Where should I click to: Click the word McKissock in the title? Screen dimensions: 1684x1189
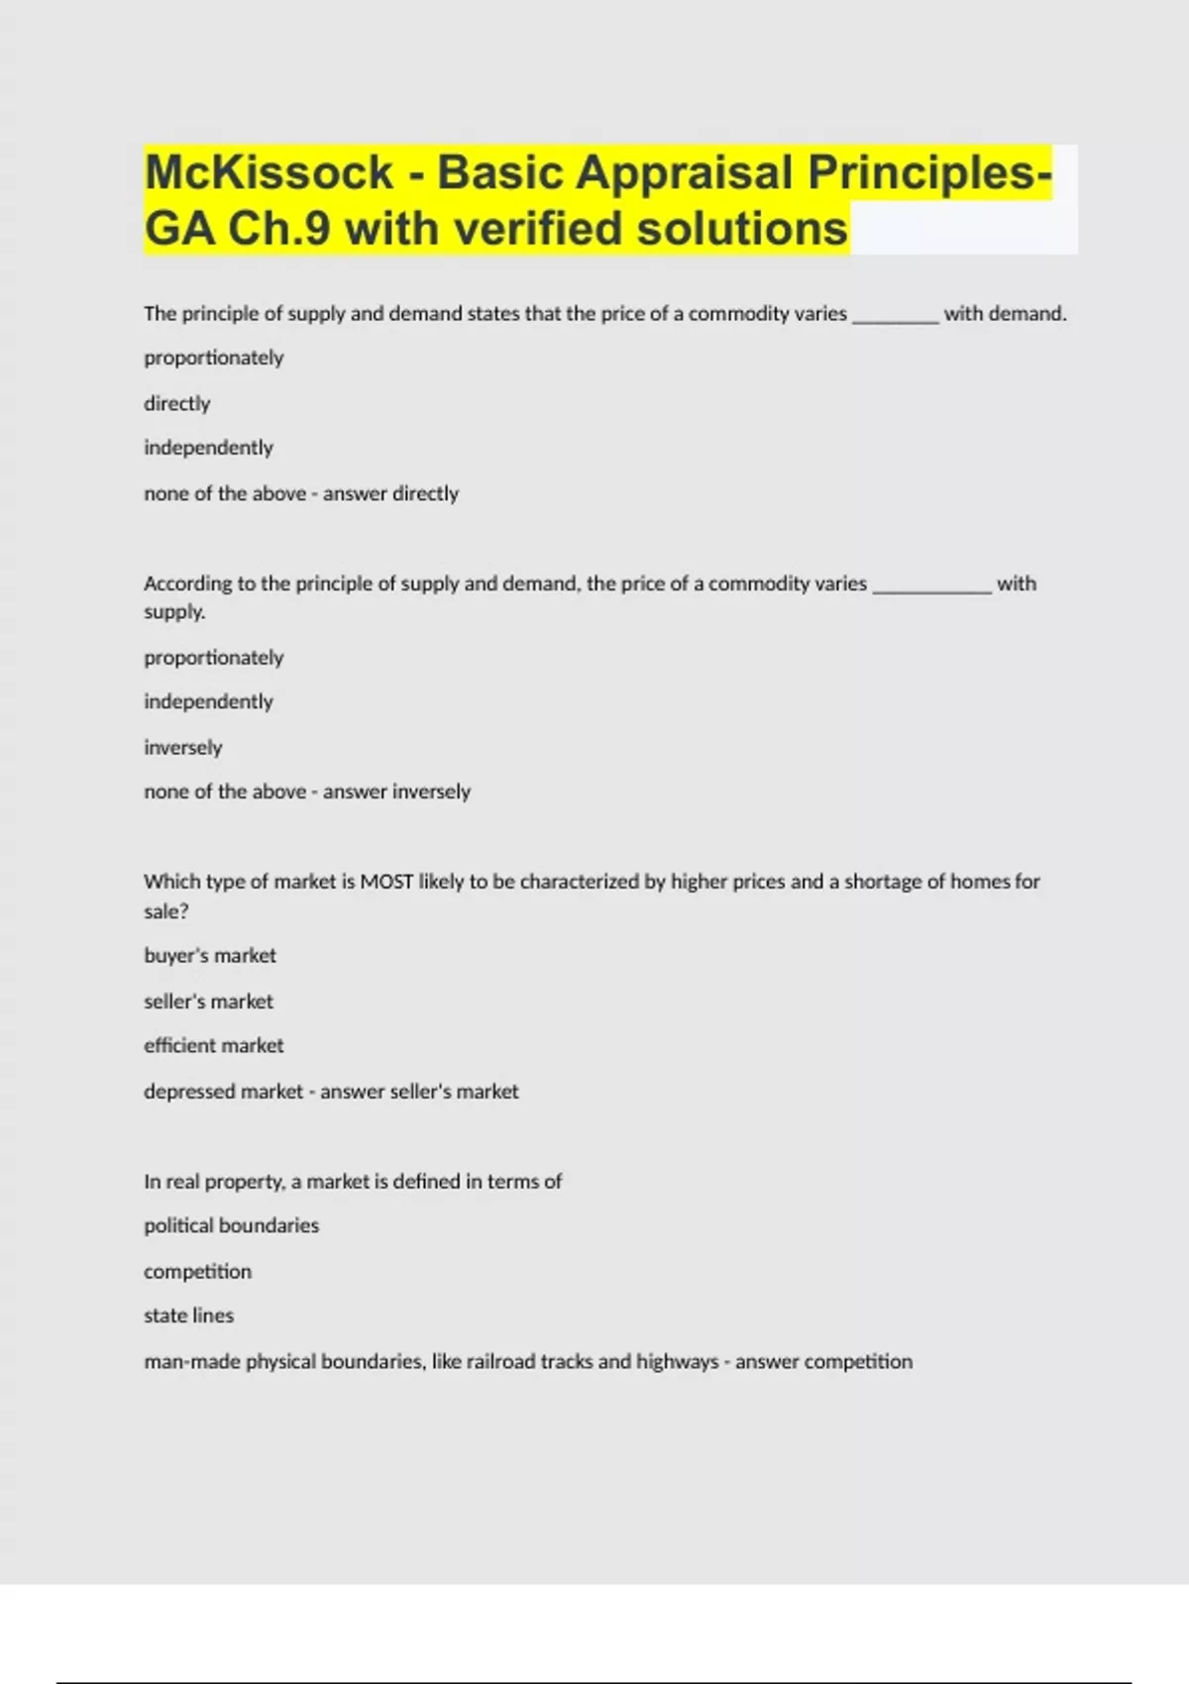click(x=270, y=172)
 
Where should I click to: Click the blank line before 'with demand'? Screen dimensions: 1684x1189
click(x=896, y=315)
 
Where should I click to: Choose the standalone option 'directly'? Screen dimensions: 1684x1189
click(x=177, y=403)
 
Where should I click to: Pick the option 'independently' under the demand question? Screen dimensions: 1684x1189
click(x=208, y=448)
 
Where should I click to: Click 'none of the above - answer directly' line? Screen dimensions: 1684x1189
click(x=301, y=493)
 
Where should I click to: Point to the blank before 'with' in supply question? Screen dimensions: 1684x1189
click(x=931, y=584)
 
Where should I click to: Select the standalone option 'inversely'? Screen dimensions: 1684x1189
click(x=183, y=747)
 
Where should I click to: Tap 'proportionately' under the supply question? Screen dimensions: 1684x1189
click(x=214, y=658)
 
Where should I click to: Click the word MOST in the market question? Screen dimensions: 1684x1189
click(x=386, y=882)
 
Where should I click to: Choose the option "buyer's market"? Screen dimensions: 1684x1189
click(x=210, y=956)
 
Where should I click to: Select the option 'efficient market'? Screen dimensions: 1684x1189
click(x=214, y=1046)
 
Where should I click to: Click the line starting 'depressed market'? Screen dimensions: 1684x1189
click(x=331, y=1092)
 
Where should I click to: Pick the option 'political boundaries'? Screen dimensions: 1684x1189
click(x=232, y=1226)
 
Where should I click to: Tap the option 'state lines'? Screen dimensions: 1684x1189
click(x=189, y=1316)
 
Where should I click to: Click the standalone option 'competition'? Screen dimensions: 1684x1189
click(x=198, y=1271)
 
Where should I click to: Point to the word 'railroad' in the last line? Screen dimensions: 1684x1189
click(x=500, y=1361)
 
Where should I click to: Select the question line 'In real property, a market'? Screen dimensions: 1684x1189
click(x=353, y=1181)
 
